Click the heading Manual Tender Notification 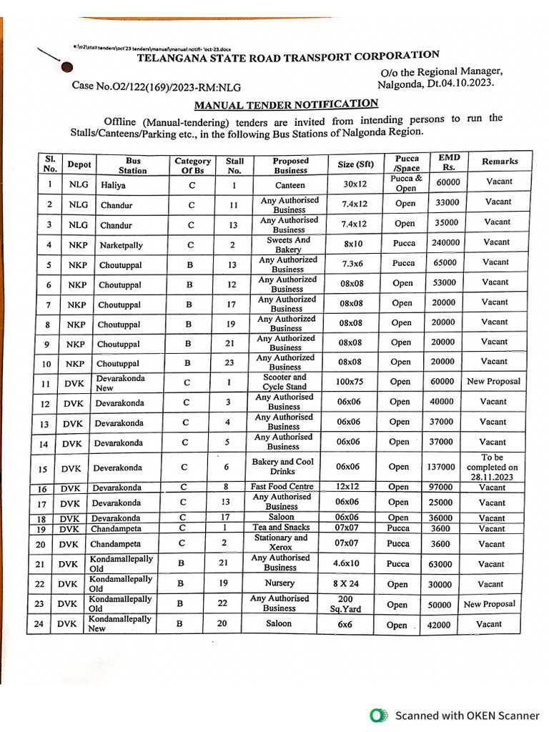coord(286,104)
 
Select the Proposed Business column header coord(290,165)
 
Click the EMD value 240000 coord(446,242)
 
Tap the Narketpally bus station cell coord(120,245)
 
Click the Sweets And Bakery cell coord(289,245)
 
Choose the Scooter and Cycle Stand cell coord(285,382)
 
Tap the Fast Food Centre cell coord(282,486)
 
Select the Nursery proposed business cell coord(280,583)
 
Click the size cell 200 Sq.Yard coord(345,604)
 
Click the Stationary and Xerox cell coord(281,542)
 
